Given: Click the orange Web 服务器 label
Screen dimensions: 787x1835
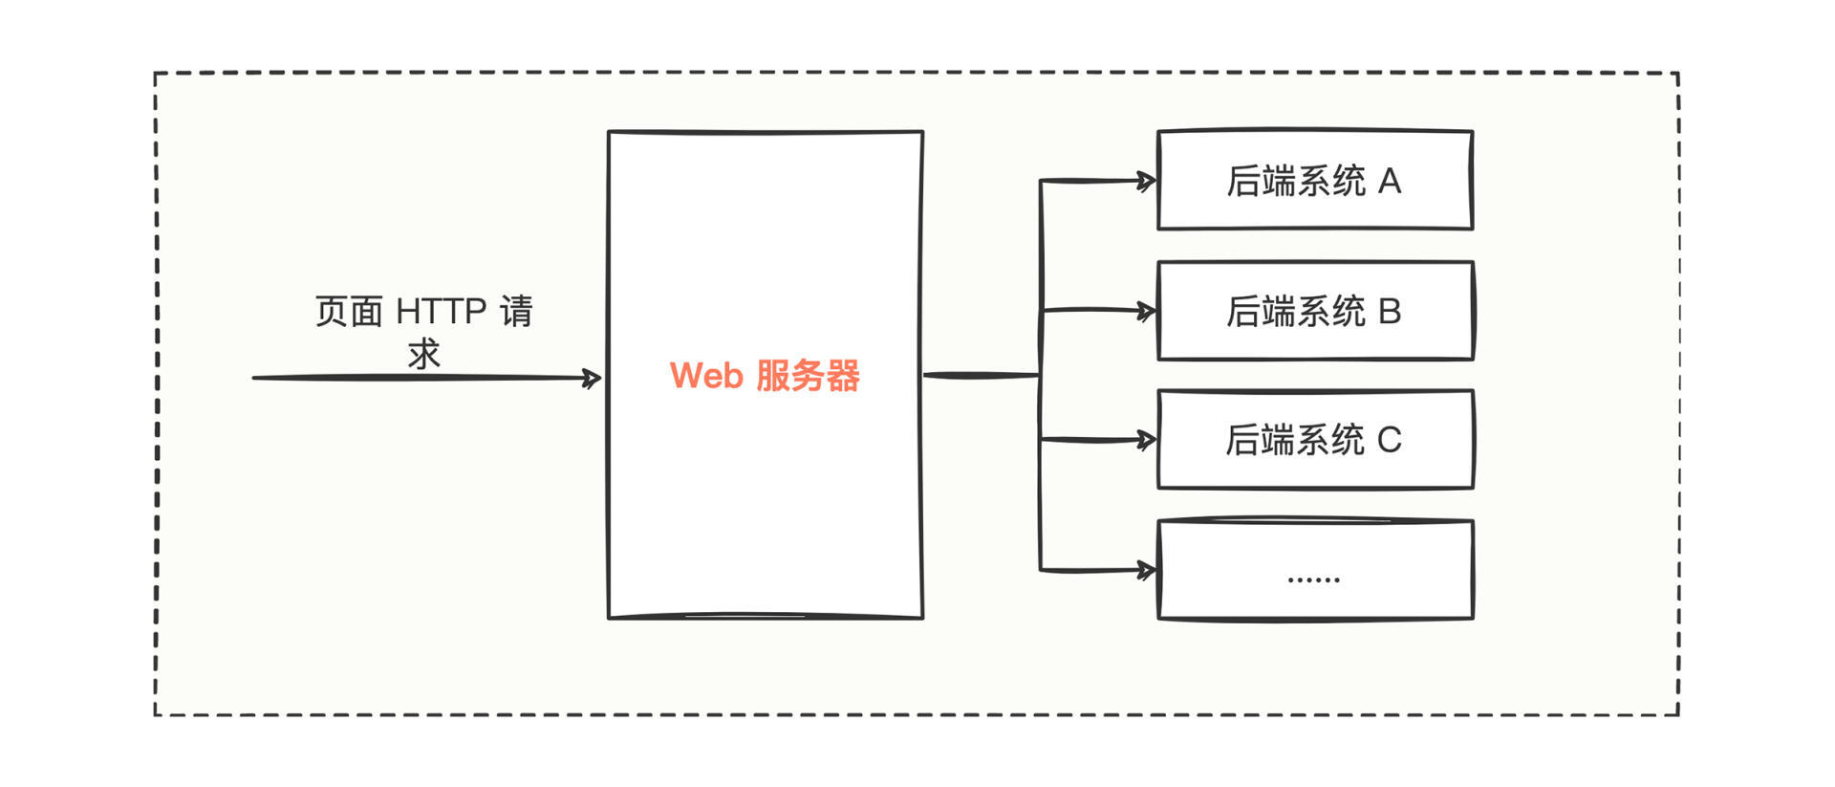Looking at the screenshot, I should pyautogui.click(x=765, y=376).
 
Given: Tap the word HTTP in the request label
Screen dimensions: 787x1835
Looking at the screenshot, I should pyautogui.click(x=441, y=312).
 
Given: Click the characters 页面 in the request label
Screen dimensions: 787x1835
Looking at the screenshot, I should pyautogui.click(x=349, y=312).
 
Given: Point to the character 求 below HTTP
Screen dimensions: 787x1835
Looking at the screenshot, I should pyautogui.click(x=423, y=355).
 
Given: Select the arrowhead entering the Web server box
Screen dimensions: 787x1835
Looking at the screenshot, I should pyautogui.click(x=593, y=379).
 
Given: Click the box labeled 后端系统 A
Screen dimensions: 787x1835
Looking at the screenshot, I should pyautogui.click(x=1315, y=181).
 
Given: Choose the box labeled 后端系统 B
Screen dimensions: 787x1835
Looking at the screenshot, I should pyautogui.click(x=1315, y=311).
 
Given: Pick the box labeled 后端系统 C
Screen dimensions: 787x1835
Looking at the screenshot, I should pyautogui.click(x=1315, y=440).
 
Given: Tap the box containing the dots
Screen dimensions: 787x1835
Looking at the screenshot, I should pyautogui.click(x=1315, y=570).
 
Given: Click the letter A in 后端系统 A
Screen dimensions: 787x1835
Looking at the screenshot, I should pyautogui.click(x=1390, y=181).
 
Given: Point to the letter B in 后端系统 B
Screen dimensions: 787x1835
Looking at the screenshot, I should pyautogui.click(x=1390, y=311).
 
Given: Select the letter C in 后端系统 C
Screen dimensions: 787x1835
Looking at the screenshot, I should pyautogui.click(x=1390, y=440).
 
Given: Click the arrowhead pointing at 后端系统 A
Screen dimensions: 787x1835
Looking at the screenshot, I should pyautogui.click(x=1147, y=181).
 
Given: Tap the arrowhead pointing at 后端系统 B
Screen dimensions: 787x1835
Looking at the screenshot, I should pyautogui.click(x=1147, y=311).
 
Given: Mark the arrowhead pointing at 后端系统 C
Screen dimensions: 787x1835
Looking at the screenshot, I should pyautogui.click(x=1147, y=440).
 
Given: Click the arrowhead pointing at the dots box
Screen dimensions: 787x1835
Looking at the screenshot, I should pyautogui.click(x=1147, y=571).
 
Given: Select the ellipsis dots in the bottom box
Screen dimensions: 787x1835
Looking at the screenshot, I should pyautogui.click(x=1313, y=579).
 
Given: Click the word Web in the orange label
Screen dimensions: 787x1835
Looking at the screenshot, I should pyautogui.click(x=706, y=376).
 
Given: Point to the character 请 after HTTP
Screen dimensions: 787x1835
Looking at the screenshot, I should pyautogui.click(x=516, y=312).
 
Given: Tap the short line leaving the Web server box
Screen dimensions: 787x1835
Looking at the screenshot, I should pyautogui.click(x=980, y=375).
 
